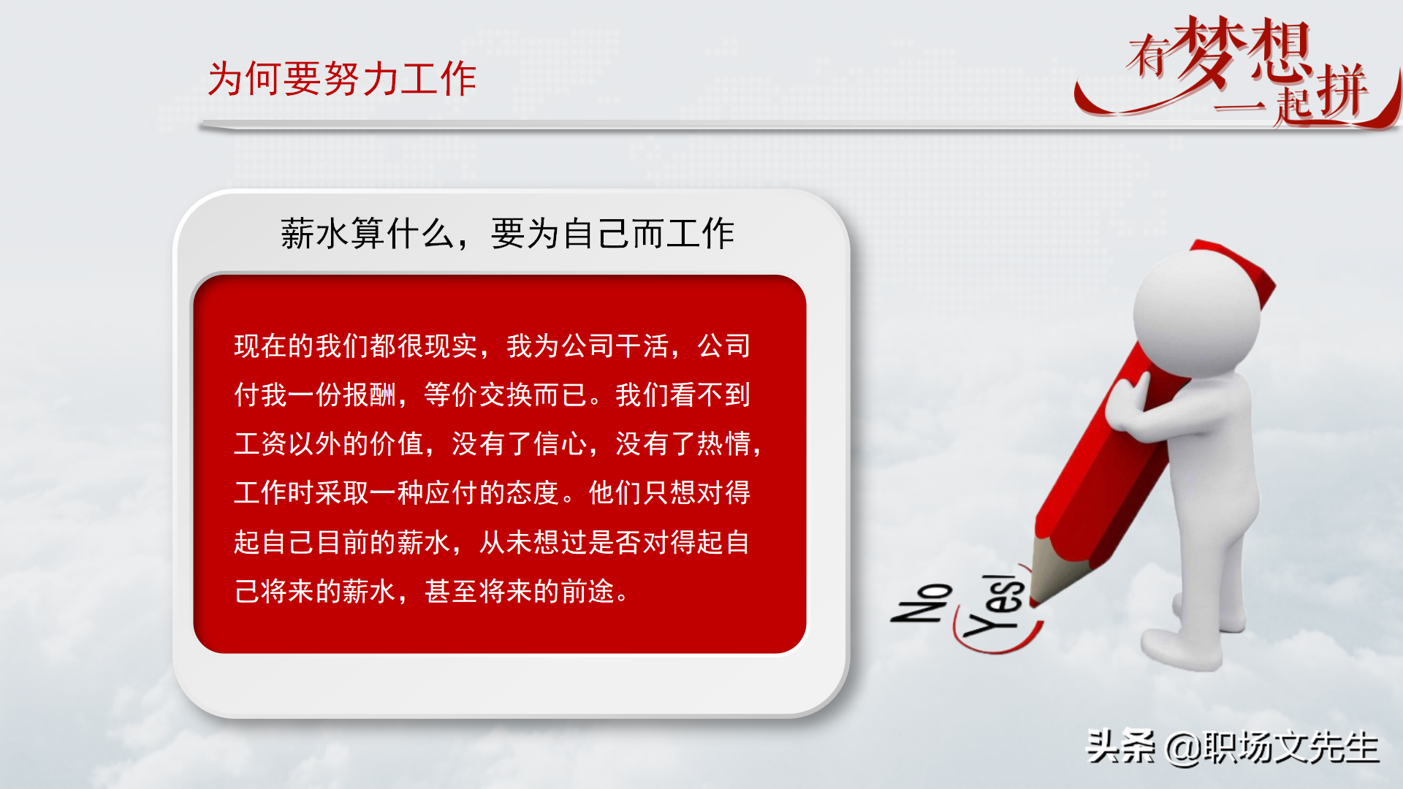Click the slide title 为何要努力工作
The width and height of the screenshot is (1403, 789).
(342, 78)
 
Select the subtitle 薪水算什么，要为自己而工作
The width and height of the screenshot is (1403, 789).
(507, 234)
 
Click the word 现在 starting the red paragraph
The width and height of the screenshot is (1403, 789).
(261, 346)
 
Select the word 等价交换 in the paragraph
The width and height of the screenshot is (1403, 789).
(478, 394)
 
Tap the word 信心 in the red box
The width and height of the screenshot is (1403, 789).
(560, 443)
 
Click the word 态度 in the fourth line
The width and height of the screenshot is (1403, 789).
(533, 493)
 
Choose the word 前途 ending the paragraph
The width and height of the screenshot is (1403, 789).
(588, 591)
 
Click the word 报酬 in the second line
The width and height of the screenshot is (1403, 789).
(370, 394)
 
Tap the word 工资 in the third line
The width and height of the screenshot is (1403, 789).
(261, 443)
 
